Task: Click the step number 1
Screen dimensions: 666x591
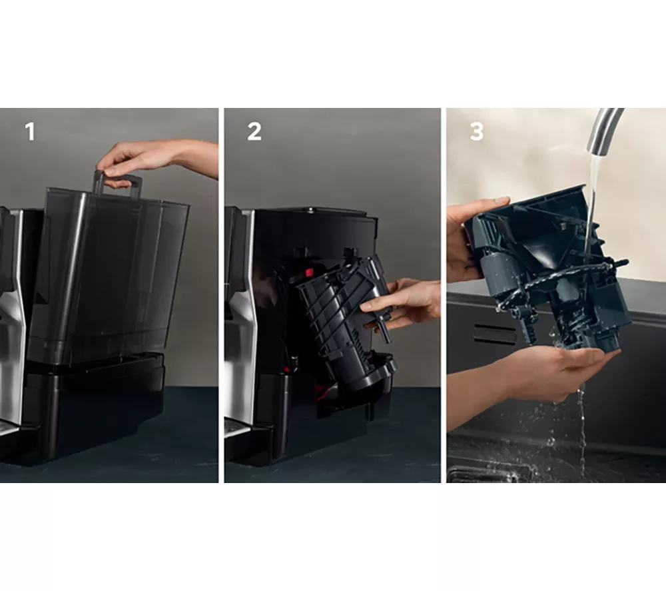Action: pyautogui.click(x=30, y=131)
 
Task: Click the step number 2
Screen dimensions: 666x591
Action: pyautogui.click(x=254, y=131)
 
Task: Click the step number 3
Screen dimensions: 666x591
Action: pyautogui.click(x=477, y=131)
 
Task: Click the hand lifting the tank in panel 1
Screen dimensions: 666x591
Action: pyautogui.click(x=157, y=159)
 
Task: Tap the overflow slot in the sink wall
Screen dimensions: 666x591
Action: pyautogui.click(x=494, y=333)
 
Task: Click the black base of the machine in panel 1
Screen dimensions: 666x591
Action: pyautogui.click(x=93, y=408)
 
